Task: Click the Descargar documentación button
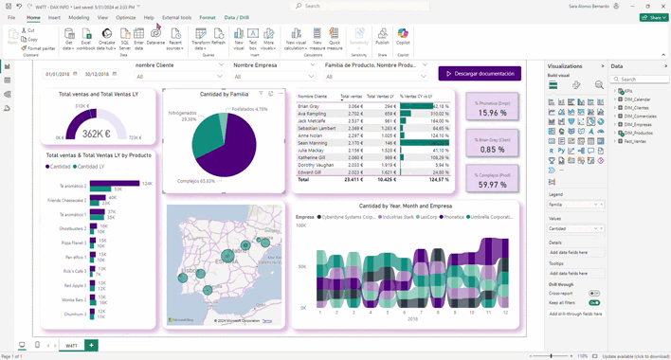(x=480, y=74)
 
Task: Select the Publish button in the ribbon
(x=382, y=39)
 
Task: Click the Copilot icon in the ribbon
(x=403, y=38)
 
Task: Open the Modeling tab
(x=79, y=17)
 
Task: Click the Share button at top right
(x=653, y=17)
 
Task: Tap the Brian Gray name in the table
(x=309, y=106)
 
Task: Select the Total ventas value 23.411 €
(x=351, y=179)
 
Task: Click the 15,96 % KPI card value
(x=492, y=113)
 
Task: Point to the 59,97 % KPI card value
(x=492, y=185)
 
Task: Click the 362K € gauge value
(x=97, y=135)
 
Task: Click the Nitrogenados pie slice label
(x=182, y=114)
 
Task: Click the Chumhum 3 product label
(x=74, y=314)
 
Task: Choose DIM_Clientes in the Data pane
(x=636, y=107)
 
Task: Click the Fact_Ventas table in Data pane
(x=635, y=141)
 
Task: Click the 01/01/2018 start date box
(x=58, y=74)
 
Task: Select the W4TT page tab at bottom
(x=71, y=346)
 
